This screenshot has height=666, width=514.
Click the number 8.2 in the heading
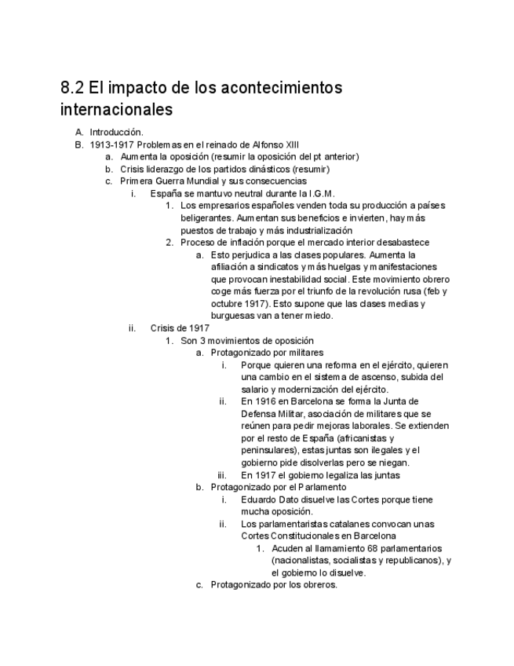click(x=72, y=88)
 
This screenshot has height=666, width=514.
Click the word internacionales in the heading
click(x=116, y=110)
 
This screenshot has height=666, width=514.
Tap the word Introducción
click(x=116, y=133)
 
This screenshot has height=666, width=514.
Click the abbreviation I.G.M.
click(x=323, y=193)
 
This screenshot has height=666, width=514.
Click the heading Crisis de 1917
click(x=180, y=328)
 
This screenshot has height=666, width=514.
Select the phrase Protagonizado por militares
click(x=267, y=353)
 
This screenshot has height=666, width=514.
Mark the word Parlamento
click(x=320, y=487)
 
